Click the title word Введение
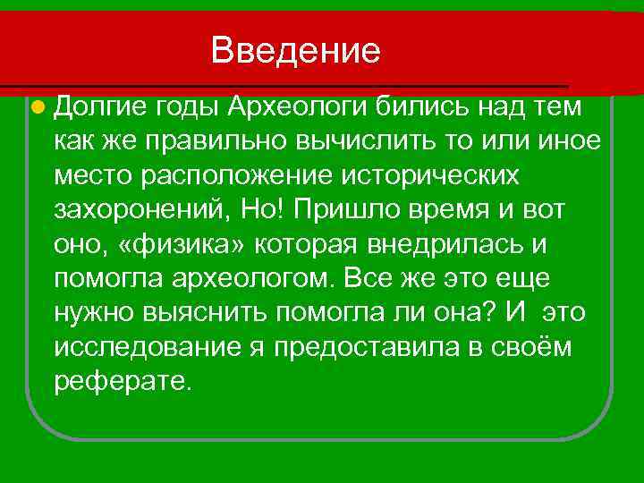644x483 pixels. click(x=296, y=50)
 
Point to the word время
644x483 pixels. click(x=446, y=212)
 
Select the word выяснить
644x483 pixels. click(x=200, y=314)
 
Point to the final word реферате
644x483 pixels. click(x=123, y=382)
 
